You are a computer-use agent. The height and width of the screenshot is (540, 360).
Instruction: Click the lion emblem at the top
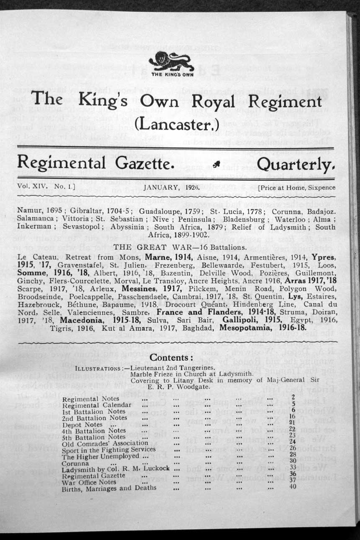(172, 62)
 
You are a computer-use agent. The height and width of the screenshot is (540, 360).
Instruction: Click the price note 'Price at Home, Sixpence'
(297, 188)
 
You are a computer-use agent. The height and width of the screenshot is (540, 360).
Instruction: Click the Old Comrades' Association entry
(105, 443)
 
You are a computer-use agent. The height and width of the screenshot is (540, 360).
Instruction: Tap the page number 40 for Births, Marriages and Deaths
(293, 487)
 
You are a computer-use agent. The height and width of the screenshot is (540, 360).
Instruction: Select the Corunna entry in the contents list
(75, 463)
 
